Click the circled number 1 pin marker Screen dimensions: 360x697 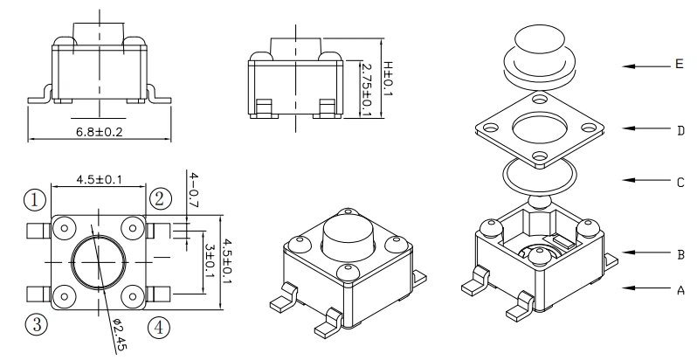coord(34,199)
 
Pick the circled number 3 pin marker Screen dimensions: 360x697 coord(35,326)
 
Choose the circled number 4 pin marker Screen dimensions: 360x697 coord(158,327)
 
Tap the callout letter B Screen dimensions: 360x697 coord(679,254)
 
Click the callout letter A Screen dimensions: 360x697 coord(679,288)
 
